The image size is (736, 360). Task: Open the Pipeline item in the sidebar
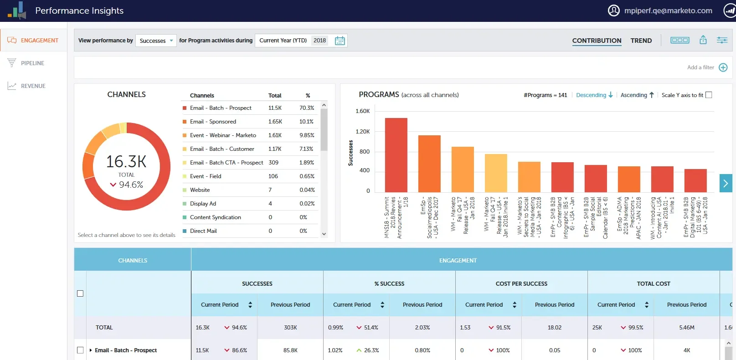(32, 63)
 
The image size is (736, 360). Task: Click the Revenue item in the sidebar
(33, 86)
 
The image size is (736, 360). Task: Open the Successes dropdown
(156, 41)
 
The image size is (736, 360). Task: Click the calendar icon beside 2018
(340, 41)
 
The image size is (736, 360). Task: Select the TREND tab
(641, 41)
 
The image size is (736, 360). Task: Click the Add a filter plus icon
(723, 67)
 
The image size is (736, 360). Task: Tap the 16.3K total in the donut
(126, 162)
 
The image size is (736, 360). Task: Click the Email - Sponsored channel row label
(213, 122)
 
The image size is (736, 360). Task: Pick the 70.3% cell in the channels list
(307, 108)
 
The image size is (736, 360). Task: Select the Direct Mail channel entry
(203, 231)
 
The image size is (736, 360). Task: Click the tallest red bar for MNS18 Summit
(396, 155)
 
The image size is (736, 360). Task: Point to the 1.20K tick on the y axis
(363, 132)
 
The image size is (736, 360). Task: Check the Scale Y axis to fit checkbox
(709, 95)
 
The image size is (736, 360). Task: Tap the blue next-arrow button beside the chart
(726, 183)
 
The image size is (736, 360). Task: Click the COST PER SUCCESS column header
(521, 283)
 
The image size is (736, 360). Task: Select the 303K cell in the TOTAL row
(290, 328)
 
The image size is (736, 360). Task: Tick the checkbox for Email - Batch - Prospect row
(80, 350)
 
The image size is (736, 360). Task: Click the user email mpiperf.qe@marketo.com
(668, 10)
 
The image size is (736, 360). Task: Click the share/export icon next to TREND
(703, 40)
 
